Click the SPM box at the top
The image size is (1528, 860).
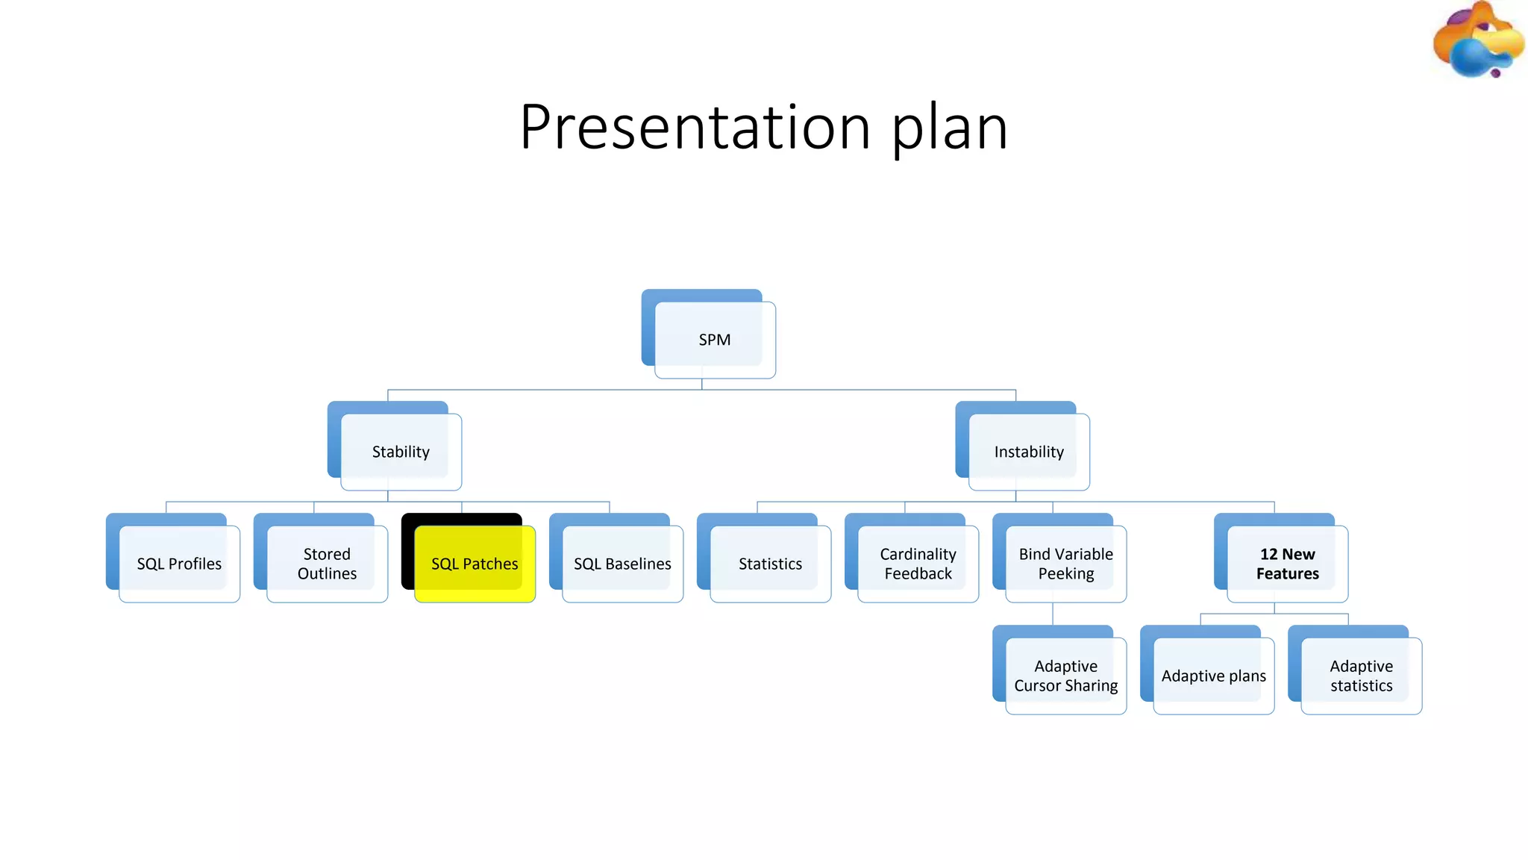(x=714, y=340)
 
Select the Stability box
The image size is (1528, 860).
(x=401, y=452)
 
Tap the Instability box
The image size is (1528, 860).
(x=1029, y=452)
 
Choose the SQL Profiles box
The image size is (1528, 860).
(x=179, y=564)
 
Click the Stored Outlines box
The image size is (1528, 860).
(x=327, y=564)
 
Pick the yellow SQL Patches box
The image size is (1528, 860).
(x=475, y=564)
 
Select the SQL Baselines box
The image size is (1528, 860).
(x=622, y=564)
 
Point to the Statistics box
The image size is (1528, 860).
(x=770, y=564)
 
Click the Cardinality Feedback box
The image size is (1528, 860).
(x=918, y=564)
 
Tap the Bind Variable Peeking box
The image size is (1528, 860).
(x=1065, y=564)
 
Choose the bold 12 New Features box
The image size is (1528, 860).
(x=1287, y=564)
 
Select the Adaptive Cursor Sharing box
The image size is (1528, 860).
(x=1065, y=676)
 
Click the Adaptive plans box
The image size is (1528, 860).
(x=1213, y=676)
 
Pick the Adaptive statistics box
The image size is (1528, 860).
(x=1361, y=676)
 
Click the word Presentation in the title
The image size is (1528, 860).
(x=695, y=127)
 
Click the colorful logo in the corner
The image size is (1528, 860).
(x=1477, y=41)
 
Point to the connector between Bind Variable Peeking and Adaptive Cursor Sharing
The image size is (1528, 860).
(x=1053, y=614)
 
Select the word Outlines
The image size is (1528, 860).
(x=327, y=573)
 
